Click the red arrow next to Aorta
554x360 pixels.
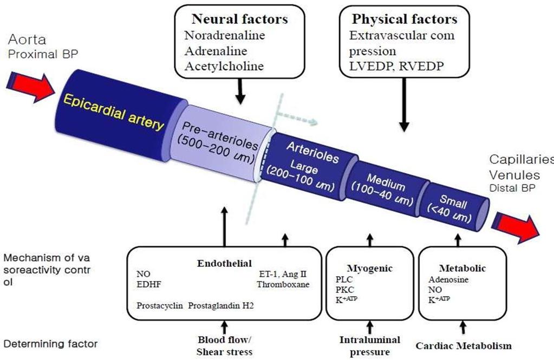tap(31, 87)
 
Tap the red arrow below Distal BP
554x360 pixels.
tap(516, 228)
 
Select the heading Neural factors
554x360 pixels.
tap(239, 19)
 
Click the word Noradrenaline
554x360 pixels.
tap(224, 35)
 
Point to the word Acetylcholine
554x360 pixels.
tap(224, 66)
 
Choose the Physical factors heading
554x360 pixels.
tap(405, 19)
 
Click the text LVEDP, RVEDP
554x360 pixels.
tap(396, 66)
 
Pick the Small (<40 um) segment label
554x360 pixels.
tap(451, 209)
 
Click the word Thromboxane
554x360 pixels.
tap(283, 284)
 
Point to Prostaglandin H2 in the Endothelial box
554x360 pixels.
tap(221, 305)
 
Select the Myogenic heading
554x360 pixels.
tap(369, 269)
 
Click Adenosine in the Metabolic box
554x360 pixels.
tap(448, 279)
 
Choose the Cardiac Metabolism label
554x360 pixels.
tap(464, 346)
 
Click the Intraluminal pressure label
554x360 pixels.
tap(369, 346)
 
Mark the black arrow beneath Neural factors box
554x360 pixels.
tap(240, 91)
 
